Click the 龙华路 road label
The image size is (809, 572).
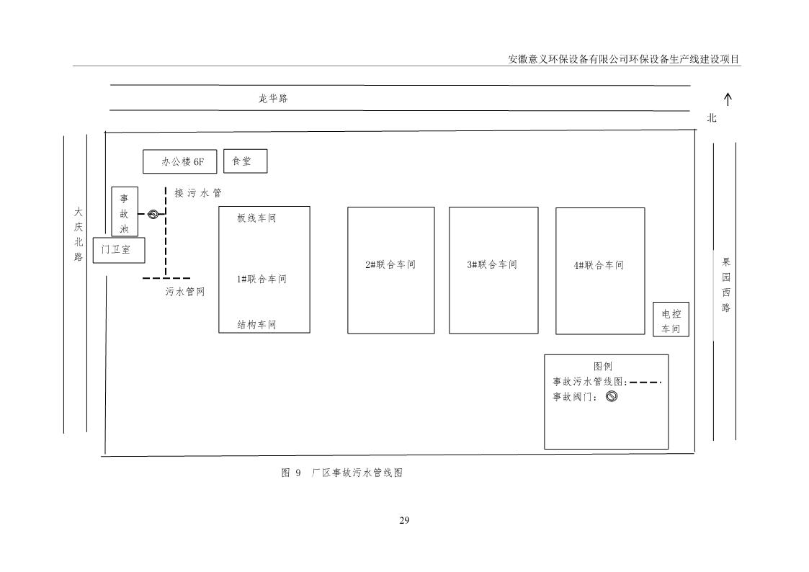coord(273,99)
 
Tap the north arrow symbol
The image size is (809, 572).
coord(728,99)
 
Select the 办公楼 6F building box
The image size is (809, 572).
coord(179,162)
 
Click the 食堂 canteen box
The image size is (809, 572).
coord(245,161)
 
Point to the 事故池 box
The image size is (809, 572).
coord(125,213)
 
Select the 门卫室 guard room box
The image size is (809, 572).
coord(119,250)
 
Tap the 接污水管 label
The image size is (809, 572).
coord(197,193)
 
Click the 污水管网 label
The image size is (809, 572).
coord(185,292)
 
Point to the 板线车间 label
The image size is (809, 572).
coord(256,218)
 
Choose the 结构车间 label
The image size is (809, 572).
coord(256,325)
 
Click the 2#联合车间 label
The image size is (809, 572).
coord(390,264)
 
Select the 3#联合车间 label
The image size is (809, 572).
coord(492,264)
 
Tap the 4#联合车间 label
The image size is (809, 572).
coord(599,265)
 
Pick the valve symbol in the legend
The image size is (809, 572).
coord(612,396)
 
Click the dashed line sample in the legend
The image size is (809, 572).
coord(645,382)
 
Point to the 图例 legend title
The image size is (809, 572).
coord(603,367)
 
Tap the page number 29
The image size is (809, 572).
coord(404,520)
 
